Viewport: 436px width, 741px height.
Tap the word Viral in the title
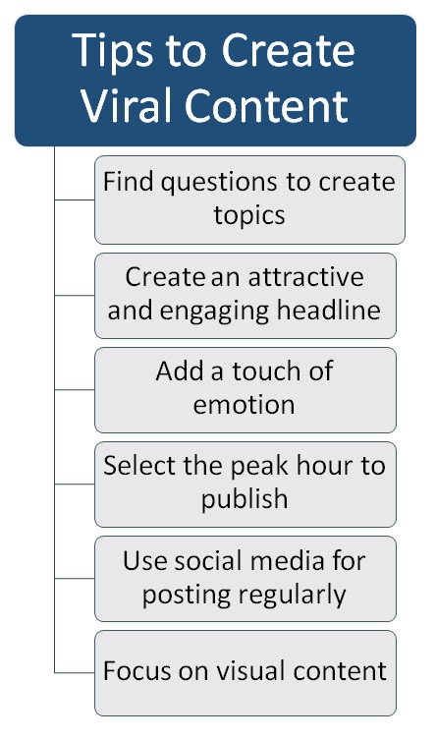coord(127,104)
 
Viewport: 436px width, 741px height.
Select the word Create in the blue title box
coord(288,50)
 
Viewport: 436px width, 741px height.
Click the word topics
coord(249,216)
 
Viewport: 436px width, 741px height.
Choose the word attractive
coord(306,277)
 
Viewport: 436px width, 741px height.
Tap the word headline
coord(329,311)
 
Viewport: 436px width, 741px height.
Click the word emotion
coord(245,405)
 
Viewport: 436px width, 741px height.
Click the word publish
coord(245,499)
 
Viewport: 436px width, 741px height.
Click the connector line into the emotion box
coord(75,390)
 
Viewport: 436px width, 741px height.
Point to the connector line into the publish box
coord(75,484)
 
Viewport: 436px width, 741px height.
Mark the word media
coord(287,561)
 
